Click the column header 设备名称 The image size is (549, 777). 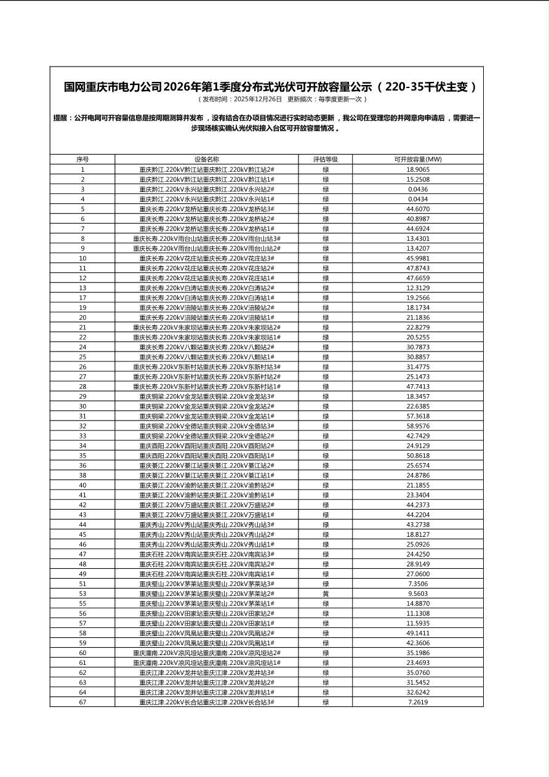tap(207, 159)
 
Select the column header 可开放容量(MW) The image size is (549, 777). tap(417, 159)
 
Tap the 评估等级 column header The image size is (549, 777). tap(325, 159)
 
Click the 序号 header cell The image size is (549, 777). tap(82, 159)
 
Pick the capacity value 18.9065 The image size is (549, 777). tap(417, 169)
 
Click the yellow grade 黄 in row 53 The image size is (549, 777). tap(325, 594)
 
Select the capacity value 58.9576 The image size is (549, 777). tap(417, 426)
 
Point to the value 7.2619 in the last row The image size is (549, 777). tap(417, 702)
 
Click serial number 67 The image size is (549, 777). tap(82, 702)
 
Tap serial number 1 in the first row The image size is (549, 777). tap(82, 169)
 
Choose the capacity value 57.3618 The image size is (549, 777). tap(417, 416)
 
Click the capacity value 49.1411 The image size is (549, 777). tap(417, 633)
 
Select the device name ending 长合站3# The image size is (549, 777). tap(207, 702)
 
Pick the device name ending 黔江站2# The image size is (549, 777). tap(207, 169)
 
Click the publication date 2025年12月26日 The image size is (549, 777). tap(258, 99)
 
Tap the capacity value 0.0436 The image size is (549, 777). tap(417, 189)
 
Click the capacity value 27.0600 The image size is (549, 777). tap(417, 574)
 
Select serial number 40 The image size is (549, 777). tap(82, 485)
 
